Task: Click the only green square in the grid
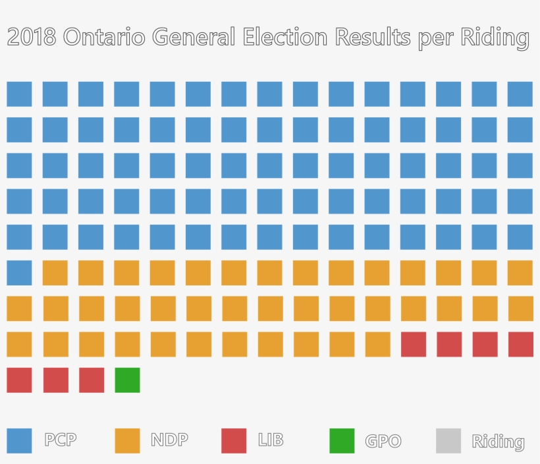(127, 380)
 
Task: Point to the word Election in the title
(284, 38)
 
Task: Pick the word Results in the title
(373, 38)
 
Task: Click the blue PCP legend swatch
(19, 441)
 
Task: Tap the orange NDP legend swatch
(127, 441)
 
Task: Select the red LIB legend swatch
(234, 441)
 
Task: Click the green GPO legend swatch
(342, 441)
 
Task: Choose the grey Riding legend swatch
(448, 441)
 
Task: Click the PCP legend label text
(61, 440)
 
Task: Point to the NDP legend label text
(169, 440)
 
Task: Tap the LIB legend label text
(271, 440)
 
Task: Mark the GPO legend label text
(383, 441)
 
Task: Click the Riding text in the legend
(498, 442)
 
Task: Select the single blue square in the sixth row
(19, 273)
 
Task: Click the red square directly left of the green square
(92, 380)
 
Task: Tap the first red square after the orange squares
(414, 345)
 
